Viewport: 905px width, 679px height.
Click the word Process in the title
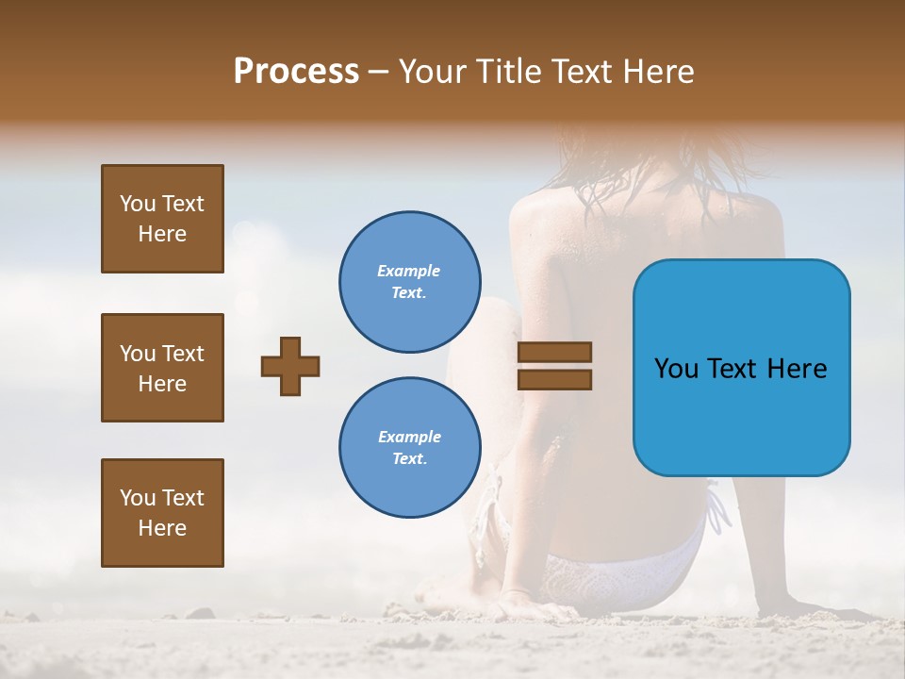(x=296, y=71)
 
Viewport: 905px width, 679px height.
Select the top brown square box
(x=162, y=219)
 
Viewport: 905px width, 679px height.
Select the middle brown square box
(x=162, y=368)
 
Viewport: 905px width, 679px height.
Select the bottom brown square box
(x=162, y=513)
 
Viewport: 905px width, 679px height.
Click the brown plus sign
(x=290, y=366)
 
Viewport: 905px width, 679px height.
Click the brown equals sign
(x=554, y=366)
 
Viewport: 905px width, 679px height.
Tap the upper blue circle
(x=410, y=282)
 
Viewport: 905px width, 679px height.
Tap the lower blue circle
(x=410, y=448)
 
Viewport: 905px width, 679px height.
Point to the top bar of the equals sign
(x=554, y=352)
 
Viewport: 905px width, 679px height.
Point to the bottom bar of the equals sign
(x=554, y=380)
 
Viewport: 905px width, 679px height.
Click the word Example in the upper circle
(x=408, y=271)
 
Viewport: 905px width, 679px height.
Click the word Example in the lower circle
(x=409, y=437)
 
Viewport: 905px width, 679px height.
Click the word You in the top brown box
(x=138, y=204)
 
